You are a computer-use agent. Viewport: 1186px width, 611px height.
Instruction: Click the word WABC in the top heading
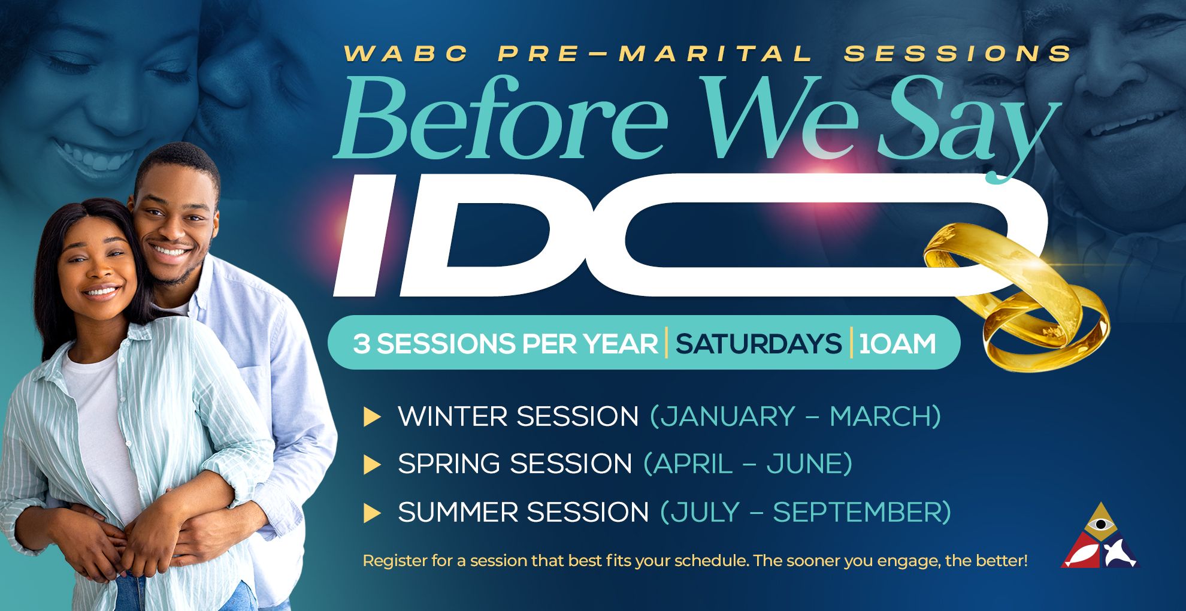tap(406, 54)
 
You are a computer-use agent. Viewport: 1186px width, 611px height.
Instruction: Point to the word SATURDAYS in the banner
tap(758, 344)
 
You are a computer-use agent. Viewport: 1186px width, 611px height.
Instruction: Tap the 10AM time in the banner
tap(897, 344)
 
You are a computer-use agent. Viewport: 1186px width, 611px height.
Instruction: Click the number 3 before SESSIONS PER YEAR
tap(361, 344)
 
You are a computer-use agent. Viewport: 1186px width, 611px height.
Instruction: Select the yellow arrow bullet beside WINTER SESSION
tap(372, 417)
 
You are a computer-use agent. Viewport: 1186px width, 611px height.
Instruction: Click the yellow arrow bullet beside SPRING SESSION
tap(372, 465)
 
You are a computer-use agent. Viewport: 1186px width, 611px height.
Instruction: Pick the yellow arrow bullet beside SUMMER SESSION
tap(372, 513)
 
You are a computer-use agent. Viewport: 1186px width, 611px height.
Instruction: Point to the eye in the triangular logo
tap(1100, 525)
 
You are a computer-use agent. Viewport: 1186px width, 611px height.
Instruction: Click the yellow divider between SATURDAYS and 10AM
tap(851, 343)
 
